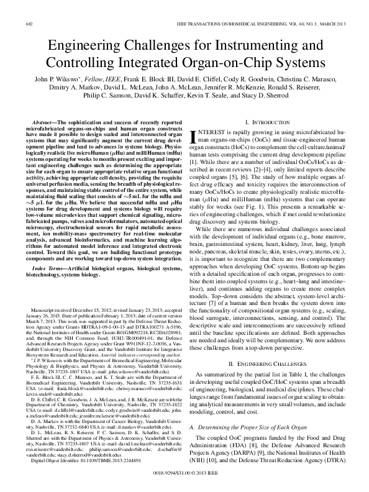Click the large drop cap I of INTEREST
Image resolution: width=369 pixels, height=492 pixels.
click(198, 140)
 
